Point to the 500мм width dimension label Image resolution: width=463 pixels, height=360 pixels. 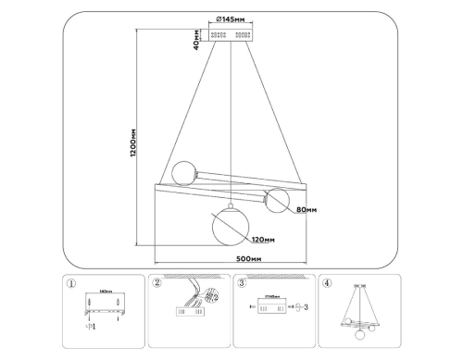[x=248, y=259]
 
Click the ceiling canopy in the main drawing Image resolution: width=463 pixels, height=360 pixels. [x=231, y=34]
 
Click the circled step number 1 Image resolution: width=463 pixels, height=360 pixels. [x=73, y=284]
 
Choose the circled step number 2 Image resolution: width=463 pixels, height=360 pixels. [x=157, y=284]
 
